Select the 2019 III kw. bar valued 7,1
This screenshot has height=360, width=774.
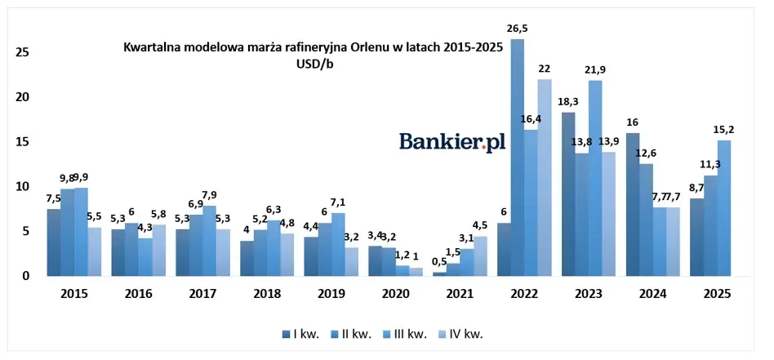(x=338, y=244)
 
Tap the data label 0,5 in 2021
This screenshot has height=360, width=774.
(x=439, y=261)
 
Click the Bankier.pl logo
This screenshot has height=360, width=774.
(x=451, y=141)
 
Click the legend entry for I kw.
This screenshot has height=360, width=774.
(x=300, y=332)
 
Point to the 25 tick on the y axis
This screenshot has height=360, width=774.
(x=23, y=52)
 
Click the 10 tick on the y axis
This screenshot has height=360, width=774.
(x=23, y=186)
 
